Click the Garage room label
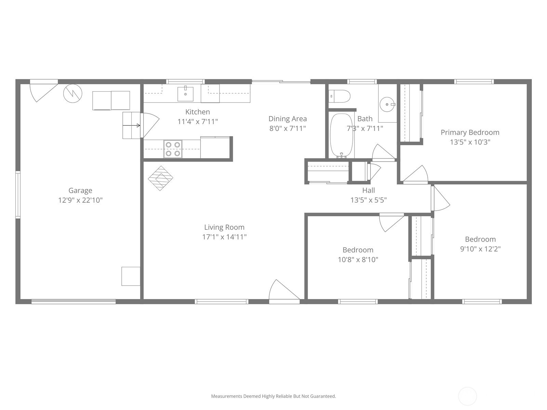click(x=80, y=190)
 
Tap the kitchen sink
click(x=185, y=94)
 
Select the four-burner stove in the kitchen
click(x=173, y=149)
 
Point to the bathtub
click(x=342, y=135)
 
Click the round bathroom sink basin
click(x=387, y=104)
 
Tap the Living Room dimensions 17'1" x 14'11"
click(x=224, y=237)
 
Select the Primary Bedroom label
click(x=470, y=133)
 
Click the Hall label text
click(x=369, y=190)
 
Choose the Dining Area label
click(x=288, y=119)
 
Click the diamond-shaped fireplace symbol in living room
click(x=160, y=178)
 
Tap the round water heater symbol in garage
click(x=72, y=93)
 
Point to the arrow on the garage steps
click(x=131, y=125)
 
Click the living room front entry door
click(x=284, y=291)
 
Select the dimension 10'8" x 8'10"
click(x=358, y=260)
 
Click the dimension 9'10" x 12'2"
click(x=480, y=249)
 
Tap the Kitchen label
click(x=198, y=112)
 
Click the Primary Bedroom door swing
click(x=415, y=175)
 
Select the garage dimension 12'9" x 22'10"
click(x=80, y=200)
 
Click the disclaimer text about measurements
click(x=273, y=396)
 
